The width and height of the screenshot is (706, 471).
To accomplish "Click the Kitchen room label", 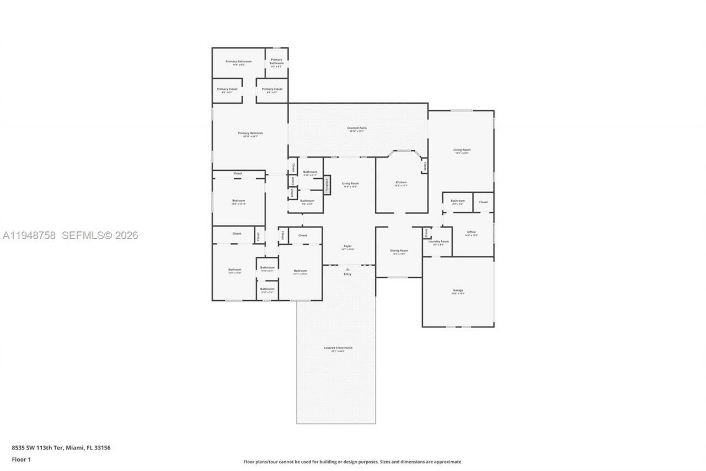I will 401,182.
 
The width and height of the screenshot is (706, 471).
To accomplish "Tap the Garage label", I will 458,290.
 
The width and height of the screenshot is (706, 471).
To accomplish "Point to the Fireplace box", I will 327,185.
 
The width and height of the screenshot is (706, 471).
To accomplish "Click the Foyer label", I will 347,246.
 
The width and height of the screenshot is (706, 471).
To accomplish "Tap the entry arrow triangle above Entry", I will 347,269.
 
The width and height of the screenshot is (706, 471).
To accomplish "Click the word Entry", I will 347,274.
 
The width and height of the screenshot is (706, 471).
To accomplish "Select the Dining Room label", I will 399,251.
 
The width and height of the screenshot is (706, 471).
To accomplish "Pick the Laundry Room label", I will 438,241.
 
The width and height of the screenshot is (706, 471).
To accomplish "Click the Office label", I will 471,232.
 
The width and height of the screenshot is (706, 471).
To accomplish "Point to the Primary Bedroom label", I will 250,133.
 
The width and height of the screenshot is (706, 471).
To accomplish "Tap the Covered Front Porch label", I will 338,348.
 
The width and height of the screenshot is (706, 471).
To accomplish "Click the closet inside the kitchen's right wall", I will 424,165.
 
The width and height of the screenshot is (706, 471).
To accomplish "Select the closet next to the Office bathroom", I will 483,202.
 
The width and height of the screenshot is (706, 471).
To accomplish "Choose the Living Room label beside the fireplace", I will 350,183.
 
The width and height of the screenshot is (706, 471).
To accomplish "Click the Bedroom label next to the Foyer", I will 300,271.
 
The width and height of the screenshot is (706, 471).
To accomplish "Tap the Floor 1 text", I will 22,459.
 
